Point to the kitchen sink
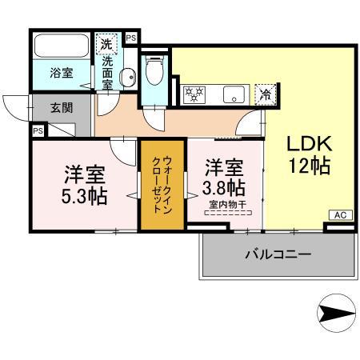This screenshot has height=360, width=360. [234, 92]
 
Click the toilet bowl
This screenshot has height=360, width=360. [156, 73]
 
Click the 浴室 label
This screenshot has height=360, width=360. [62, 73]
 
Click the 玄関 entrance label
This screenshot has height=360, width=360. [61, 107]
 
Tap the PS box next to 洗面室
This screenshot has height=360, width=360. [131, 37]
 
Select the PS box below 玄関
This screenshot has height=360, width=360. [38, 130]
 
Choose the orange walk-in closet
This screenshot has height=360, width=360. [162, 184]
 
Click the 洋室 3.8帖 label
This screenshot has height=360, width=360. [224, 178]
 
